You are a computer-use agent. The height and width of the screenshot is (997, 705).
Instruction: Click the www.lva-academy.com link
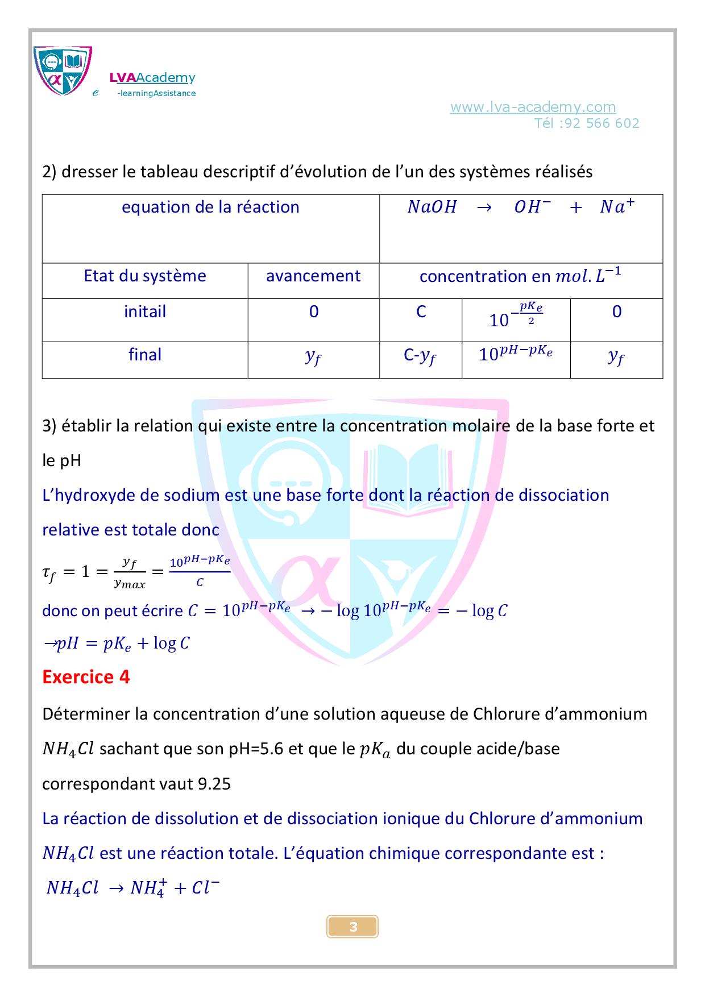(x=533, y=107)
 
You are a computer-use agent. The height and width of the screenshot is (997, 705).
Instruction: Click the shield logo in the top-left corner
(x=63, y=70)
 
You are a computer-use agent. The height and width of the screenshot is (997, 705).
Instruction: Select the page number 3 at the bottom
(x=353, y=927)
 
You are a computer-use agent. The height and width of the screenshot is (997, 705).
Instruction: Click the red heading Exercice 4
(x=86, y=677)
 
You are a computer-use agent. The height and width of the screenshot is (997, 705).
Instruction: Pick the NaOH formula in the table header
(x=432, y=207)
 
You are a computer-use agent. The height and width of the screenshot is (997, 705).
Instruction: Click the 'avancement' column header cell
(x=313, y=276)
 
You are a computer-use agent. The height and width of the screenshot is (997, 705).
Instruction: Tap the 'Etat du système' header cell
(x=145, y=276)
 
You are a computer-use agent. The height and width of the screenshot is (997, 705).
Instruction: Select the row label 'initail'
(x=145, y=311)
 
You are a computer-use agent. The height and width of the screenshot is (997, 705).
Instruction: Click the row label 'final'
(x=145, y=355)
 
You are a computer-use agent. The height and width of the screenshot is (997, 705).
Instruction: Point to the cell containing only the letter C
(x=421, y=311)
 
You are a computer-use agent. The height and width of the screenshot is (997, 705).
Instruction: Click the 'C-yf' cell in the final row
(x=420, y=356)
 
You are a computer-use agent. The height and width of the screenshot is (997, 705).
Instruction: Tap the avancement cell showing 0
(x=314, y=311)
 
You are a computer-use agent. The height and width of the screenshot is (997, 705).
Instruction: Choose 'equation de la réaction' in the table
(x=210, y=207)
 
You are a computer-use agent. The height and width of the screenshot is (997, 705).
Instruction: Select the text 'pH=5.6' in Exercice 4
(x=256, y=749)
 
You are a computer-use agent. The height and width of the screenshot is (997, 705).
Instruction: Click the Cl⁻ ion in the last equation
(x=205, y=888)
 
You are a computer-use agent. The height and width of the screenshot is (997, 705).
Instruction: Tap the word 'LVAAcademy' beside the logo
(x=152, y=78)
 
